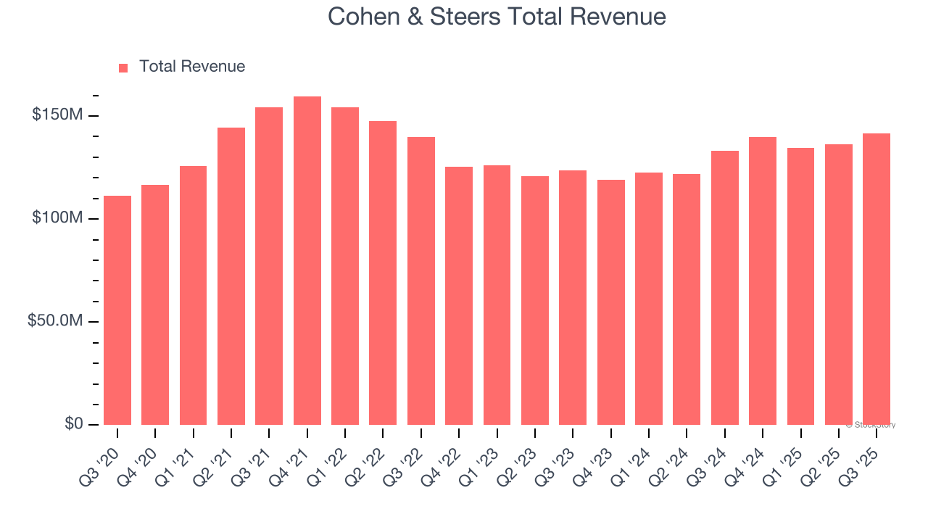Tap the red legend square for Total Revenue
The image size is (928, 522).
(x=123, y=67)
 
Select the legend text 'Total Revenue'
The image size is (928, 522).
(x=192, y=67)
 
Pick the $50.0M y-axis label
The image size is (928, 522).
(x=55, y=321)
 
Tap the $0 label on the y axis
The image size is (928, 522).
(x=73, y=423)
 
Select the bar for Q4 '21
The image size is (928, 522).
(x=307, y=261)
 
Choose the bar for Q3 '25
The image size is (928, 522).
(x=877, y=279)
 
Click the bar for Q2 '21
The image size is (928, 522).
(x=231, y=276)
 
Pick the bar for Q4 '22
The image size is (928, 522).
(x=459, y=296)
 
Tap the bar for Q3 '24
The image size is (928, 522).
(x=725, y=288)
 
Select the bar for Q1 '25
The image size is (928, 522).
(x=800, y=286)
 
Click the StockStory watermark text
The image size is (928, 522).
(x=871, y=425)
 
